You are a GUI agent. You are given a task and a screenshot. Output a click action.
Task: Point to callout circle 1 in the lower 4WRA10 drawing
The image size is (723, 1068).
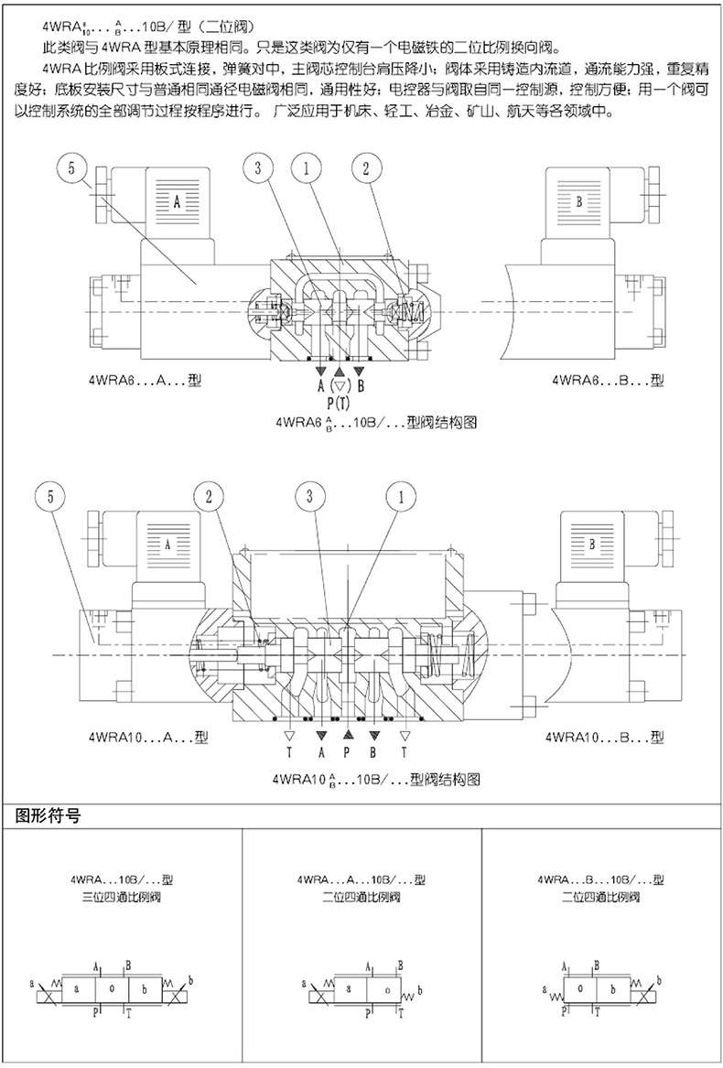398,498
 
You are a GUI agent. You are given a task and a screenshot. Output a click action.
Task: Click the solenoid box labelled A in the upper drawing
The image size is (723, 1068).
177,200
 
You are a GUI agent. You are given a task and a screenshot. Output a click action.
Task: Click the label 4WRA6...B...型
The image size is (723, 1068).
605,379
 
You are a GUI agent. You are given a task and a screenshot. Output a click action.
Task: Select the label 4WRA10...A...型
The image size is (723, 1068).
148,736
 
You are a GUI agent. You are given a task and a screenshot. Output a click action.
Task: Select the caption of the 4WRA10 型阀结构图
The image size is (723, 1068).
376,780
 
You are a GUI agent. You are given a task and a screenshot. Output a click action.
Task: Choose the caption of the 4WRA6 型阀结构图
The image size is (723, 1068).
376,423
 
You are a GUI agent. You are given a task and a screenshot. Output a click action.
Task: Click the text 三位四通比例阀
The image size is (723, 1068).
120,897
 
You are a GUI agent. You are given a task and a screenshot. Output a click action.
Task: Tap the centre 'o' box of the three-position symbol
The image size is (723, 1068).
112,989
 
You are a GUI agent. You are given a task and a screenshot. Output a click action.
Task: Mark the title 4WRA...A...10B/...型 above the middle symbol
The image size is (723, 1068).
361,879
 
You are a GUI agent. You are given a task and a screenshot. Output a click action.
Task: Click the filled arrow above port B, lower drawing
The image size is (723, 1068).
373,735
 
